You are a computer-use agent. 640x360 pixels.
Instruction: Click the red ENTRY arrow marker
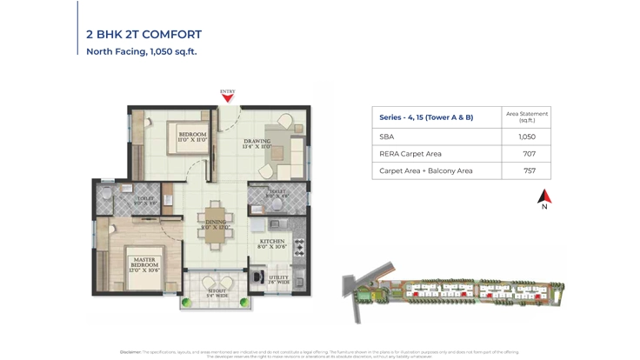[x=227, y=97]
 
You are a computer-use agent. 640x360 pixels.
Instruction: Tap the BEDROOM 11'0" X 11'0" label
[x=192, y=137]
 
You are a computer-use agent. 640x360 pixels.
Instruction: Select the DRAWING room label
[x=257, y=143]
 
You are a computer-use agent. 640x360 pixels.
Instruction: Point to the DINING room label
[x=216, y=224]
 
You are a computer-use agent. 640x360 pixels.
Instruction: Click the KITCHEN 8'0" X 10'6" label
[x=272, y=243]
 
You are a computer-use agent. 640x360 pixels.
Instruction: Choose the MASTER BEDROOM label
[x=145, y=262]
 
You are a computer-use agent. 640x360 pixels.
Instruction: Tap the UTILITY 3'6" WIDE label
[x=278, y=279]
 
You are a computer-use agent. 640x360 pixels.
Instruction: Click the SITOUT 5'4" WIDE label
[x=216, y=294]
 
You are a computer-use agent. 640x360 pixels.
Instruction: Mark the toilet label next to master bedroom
[x=146, y=201]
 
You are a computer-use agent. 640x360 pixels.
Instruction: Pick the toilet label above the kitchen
[x=277, y=194]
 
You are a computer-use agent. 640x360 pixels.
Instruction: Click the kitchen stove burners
[x=299, y=246]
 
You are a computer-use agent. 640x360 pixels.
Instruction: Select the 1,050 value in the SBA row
[x=526, y=137]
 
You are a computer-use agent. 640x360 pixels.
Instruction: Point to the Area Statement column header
[x=526, y=117]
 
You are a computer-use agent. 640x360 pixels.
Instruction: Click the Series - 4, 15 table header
[x=426, y=117]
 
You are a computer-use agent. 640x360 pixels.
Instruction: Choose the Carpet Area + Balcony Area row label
[x=426, y=170]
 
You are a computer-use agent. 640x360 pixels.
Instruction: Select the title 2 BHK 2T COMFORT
[x=143, y=35]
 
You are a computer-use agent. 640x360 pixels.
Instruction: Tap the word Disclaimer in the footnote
[x=130, y=352]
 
